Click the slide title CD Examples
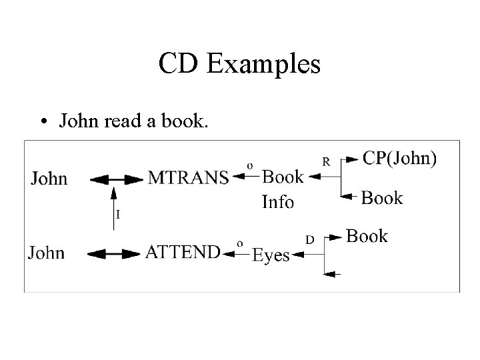(x=240, y=65)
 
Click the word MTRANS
(x=188, y=178)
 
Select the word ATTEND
(x=183, y=253)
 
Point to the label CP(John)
(x=400, y=159)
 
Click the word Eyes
(x=271, y=256)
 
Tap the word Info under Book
(x=278, y=201)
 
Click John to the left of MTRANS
(x=49, y=178)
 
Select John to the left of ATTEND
(x=47, y=253)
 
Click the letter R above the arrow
(x=327, y=161)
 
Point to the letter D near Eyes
(x=310, y=237)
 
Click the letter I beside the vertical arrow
(x=118, y=215)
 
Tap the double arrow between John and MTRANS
(x=116, y=179)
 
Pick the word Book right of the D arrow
(x=367, y=236)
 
